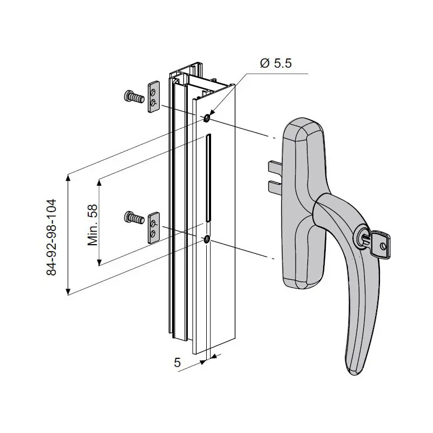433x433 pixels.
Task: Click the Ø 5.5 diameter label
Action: [x=275, y=63]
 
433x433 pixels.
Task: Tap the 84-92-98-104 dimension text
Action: [x=51, y=237]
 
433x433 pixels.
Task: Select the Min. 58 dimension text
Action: [x=93, y=225]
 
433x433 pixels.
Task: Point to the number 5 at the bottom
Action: [x=177, y=362]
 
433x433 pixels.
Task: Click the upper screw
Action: [x=134, y=97]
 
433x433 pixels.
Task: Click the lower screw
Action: [x=134, y=217]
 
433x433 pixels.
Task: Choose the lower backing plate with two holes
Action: [x=154, y=227]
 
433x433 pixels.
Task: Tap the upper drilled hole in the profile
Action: [x=207, y=119]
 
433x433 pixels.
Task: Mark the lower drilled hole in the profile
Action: [x=207, y=239]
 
